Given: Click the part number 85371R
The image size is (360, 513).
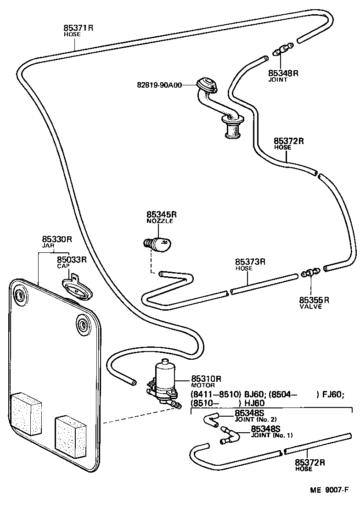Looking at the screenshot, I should click(x=78, y=28).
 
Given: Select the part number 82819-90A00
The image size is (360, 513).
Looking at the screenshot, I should click(x=159, y=85).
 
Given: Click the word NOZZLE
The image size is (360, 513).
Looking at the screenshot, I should click(x=159, y=221).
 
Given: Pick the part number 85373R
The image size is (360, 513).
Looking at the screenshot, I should click(x=250, y=262).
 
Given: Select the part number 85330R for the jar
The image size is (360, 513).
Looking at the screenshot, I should click(x=57, y=239).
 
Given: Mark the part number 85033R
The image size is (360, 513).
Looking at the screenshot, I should click(x=72, y=259).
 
